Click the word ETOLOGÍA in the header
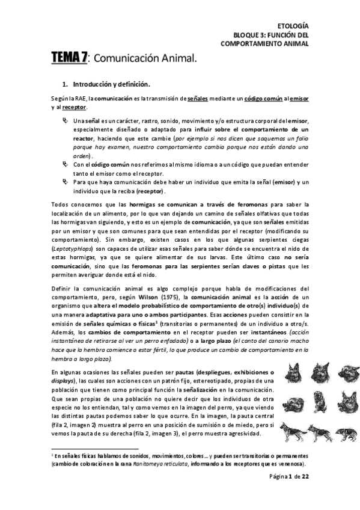(x=293, y=26)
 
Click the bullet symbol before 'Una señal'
(x=66, y=121)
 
